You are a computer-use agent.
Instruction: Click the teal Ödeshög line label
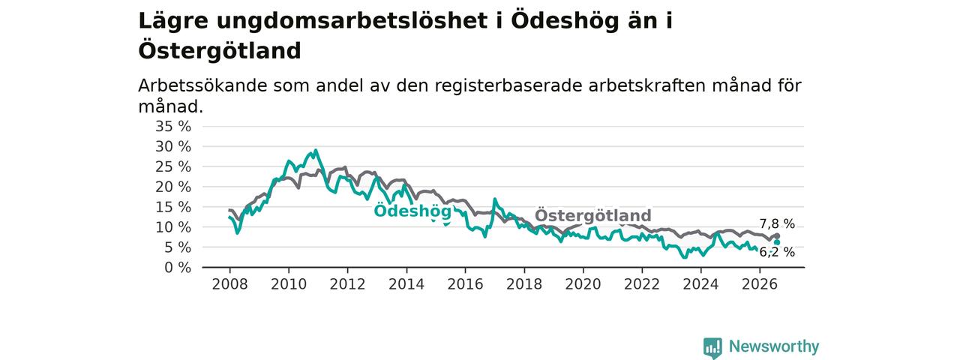[x=412, y=211]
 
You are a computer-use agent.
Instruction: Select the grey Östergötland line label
[x=593, y=214]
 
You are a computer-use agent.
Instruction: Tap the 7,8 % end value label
[x=777, y=223]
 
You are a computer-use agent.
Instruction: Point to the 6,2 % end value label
[x=777, y=252]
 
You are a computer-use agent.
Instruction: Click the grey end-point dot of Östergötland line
[x=777, y=236]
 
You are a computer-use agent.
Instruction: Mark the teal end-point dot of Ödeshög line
[x=777, y=242]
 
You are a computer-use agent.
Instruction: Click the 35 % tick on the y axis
[x=173, y=127]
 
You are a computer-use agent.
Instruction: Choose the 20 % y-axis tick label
[x=173, y=187]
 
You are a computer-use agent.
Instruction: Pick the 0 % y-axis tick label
[x=178, y=268]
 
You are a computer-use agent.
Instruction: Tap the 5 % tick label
[x=178, y=247]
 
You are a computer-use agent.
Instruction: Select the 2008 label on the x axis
[x=229, y=284]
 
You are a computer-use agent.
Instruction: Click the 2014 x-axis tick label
[x=406, y=284]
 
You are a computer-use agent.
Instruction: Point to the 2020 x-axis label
[x=583, y=284]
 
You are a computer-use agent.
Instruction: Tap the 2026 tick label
[x=760, y=284]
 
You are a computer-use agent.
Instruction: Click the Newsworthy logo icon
[x=712, y=347]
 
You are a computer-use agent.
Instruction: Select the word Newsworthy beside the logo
[x=774, y=346]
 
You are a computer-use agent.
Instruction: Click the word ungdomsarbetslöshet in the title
[x=352, y=20]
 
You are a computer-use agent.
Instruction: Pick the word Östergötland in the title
[x=220, y=50]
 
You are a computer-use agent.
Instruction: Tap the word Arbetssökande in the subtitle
[x=202, y=85]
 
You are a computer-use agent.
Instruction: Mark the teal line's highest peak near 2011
[x=316, y=151]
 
